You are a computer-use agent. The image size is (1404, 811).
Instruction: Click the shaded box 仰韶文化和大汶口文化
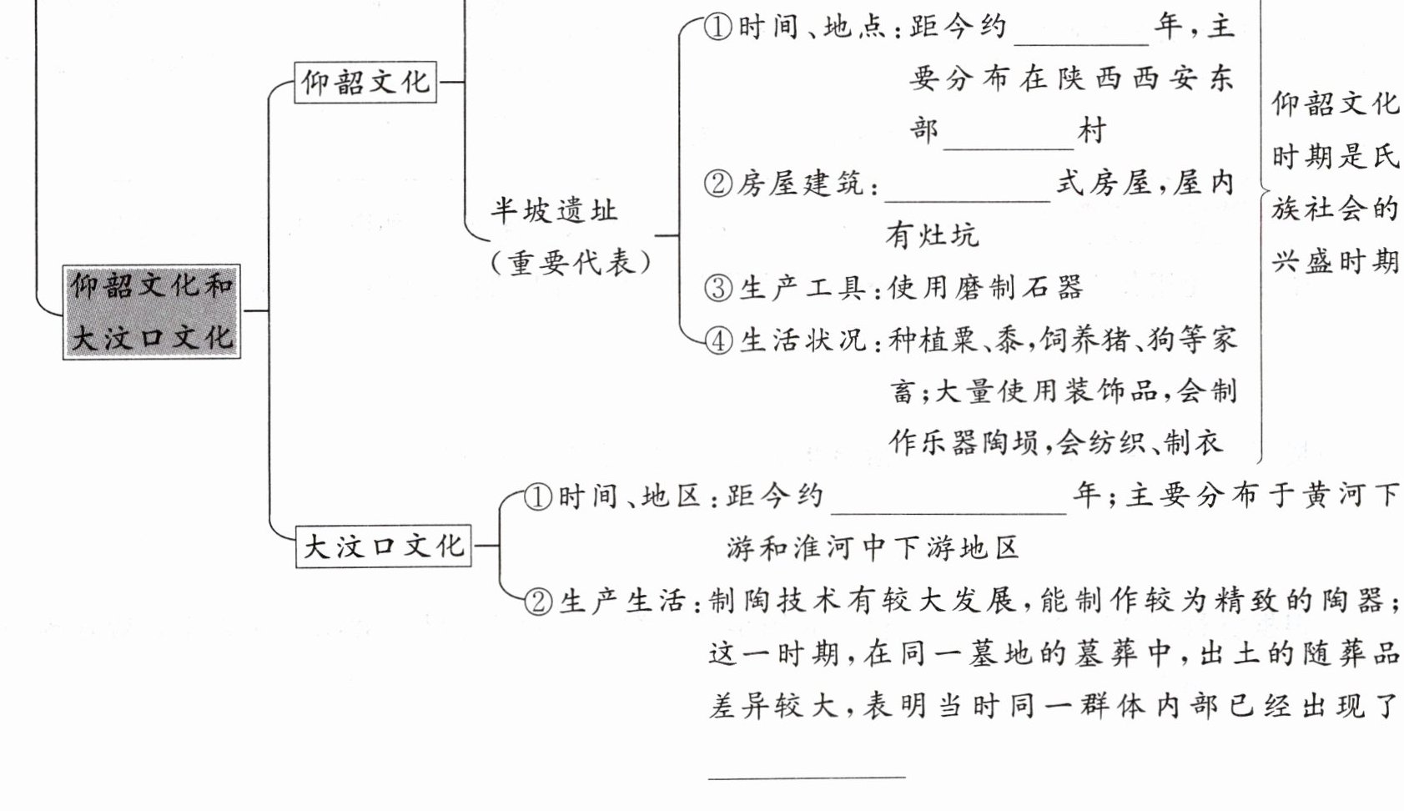[x=152, y=311]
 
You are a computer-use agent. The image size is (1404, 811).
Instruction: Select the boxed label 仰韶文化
[x=365, y=82]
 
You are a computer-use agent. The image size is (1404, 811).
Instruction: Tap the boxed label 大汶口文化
[x=383, y=547]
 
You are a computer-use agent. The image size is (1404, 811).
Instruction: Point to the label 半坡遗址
[x=553, y=209]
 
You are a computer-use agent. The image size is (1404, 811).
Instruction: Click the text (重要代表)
[x=571, y=263]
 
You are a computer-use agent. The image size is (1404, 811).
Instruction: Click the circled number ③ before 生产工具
[x=718, y=288]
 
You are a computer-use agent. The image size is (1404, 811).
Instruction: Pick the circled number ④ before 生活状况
[x=718, y=340]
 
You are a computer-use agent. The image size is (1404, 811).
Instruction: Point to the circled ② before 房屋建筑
[x=717, y=184]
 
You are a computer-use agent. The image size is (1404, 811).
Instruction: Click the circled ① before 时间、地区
[x=538, y=497]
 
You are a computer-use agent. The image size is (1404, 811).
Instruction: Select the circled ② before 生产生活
[x=539, y=601]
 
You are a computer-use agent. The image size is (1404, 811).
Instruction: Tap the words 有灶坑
[x=932, y=235]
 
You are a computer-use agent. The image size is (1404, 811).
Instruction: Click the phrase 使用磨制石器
[x=985, y=288]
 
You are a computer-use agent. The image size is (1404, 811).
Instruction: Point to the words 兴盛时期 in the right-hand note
[x=1335, y=261]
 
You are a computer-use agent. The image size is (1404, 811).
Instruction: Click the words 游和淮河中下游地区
[x=872, y=548]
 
